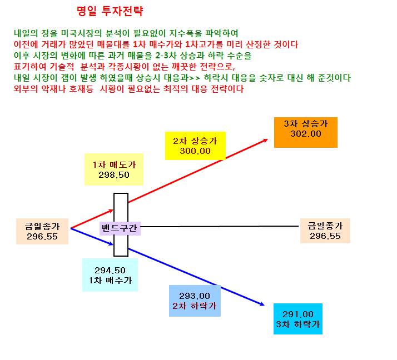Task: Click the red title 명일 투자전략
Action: pyautogui.click(x=110, y=11)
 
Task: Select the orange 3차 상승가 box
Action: pyautogui.click(x=306, y=132)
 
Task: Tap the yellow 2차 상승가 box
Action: pyautogui.click(x=195, y=146)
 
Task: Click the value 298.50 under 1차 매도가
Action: pyautogui.click(x=114, y=175)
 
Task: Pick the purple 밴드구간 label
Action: pyautogui.click(x=120, y=228)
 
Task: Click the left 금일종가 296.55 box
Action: pyautogui.click(x=42, y=231)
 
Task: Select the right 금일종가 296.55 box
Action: pyautogui.click(x=325, y=231)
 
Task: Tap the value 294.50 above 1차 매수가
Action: pyautogui.click(x=110, y=271)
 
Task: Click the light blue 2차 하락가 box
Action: pyautogui.click(x=195, y=301)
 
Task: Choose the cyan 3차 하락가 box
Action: pyautogui.click(x=298, y=319)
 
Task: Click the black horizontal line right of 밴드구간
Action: pyautogui.click(x=220, y=227)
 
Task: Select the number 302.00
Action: pyautogui.click(x=306, y=133)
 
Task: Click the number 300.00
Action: pyautogui.click(x=195, y=151)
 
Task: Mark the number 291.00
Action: pyautogui.click(x=298, y=314)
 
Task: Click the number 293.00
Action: pyautogui.click(x=195, y=296)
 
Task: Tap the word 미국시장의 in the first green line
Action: pyautogui.click(x=82, y=33)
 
